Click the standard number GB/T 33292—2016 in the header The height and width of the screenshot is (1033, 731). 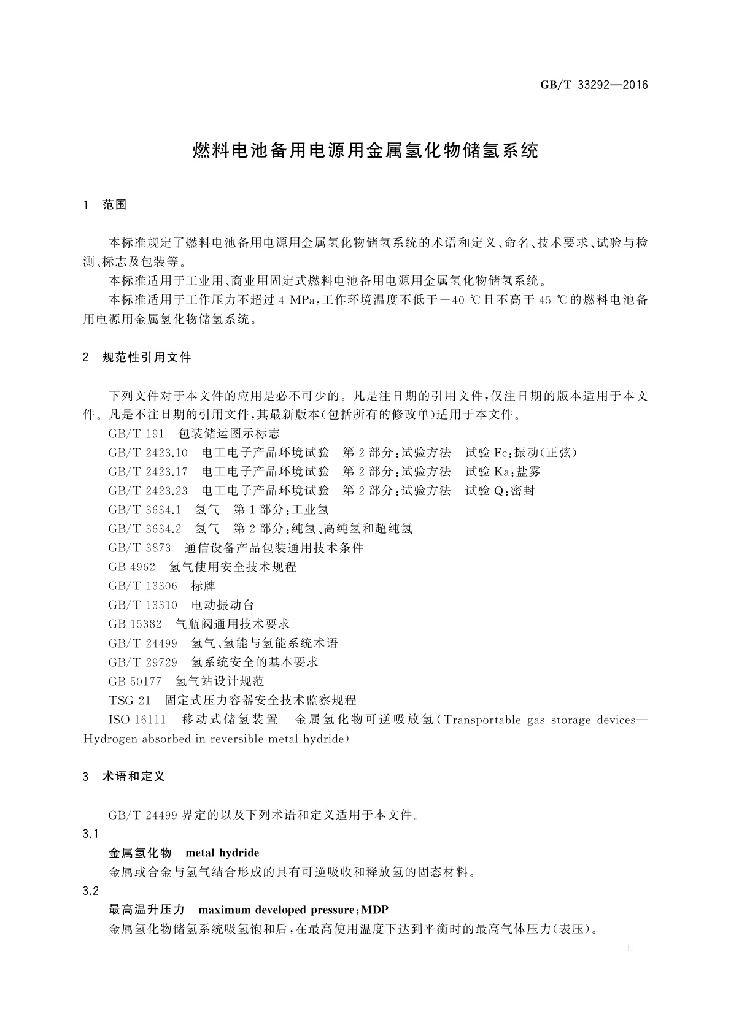594,85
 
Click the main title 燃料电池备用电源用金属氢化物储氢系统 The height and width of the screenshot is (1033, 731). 365,151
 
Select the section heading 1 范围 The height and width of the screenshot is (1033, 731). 105,205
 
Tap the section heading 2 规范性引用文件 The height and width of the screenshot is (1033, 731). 137,357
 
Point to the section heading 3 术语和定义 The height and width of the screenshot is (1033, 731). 125,776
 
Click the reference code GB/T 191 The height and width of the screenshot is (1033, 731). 136,434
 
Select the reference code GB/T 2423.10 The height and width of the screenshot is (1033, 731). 148,453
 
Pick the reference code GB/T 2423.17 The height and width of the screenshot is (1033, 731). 148,472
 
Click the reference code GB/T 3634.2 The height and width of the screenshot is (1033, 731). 145,528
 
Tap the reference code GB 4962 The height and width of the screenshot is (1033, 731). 132,567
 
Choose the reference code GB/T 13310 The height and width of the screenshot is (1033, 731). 143,605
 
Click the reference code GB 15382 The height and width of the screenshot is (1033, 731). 135,624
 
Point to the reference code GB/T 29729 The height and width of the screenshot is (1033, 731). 143,662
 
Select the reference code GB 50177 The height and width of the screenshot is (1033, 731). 135,681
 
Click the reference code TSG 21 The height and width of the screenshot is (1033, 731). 130,700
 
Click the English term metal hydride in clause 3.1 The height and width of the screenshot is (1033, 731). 222,853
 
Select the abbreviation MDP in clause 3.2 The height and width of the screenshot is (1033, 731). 376,909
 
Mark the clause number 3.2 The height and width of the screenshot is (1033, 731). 91,891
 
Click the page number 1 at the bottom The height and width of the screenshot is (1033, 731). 630,948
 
